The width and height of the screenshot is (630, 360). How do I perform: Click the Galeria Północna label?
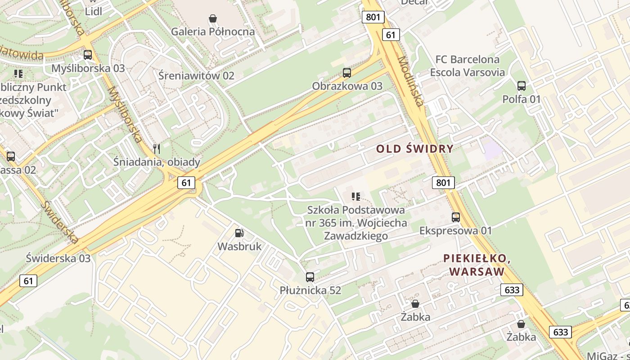pyautogui.click(x=213, y=31)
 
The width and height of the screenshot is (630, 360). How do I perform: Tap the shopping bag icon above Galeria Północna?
pyautogui.click(x=213, y=18)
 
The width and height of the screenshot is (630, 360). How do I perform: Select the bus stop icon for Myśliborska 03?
pyautogui.click(x=88, y=55)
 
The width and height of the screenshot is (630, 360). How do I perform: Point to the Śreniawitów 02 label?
pyautogui.click(x=196, y=75)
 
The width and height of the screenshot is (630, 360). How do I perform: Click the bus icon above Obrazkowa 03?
pyautogui.click(x=347, y=72)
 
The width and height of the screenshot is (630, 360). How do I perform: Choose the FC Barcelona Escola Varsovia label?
pyautogui.click(x=468, y=66)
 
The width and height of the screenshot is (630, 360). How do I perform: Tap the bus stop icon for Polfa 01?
pyautogui.click(x=522, y=85)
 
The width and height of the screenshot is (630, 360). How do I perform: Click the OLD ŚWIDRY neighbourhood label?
pyautogui.click(x=415, y=149)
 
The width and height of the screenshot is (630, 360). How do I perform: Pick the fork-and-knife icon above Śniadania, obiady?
pyautogui.click(x=157, y=148)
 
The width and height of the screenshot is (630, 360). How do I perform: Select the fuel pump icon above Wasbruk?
pyautogui.click(x=239, y=233)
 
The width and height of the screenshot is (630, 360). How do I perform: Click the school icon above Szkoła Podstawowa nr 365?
pyautogui.click(x=356, y=196)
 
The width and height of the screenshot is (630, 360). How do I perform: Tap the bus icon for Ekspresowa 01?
pyautogui.click(x=456, y=217)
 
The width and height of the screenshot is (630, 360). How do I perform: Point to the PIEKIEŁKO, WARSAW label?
pyautogui.click(x=477, y=265)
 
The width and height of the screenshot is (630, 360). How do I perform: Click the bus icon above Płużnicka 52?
pyautogui.click(x=310, y=277)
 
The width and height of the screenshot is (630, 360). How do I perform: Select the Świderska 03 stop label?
pyautogui.click(x=58, y=258)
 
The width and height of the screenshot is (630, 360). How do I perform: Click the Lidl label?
pyautogui.click(x=93, y=12)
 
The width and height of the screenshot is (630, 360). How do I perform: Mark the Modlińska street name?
pyautogui.click(x=410, y=81)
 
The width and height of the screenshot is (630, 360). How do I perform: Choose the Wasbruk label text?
pyautogui.click(x=239, y=246)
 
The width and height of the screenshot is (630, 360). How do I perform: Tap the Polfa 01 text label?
pyautogui.click(x=522, y=99)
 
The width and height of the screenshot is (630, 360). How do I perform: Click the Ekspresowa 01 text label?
pyautogui.click(x=456, y=231)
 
